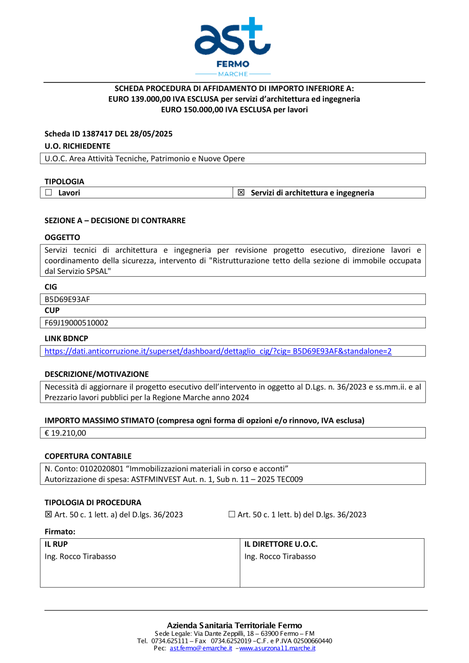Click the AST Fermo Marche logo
[233, 46]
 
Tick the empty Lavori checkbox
[49, 192]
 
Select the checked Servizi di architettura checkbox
[241, 192]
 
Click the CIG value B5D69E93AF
[67, 299]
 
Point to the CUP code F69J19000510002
[76, 323]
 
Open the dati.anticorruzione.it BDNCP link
[218, 351]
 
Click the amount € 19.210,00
[65, 433]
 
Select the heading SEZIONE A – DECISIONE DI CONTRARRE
[115, 220]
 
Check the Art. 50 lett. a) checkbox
[48, 514]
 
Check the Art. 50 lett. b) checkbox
[232, 514]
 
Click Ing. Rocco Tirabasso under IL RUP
[80, 557]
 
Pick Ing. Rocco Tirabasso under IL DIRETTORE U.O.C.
[280, 557]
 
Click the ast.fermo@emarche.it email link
[201, 648]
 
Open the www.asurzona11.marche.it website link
[277, 648]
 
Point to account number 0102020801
[101, 468]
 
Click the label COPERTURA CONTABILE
[88, 456]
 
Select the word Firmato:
[60, 532]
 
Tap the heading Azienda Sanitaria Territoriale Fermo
[234, 625]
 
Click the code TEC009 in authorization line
[289, 479]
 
